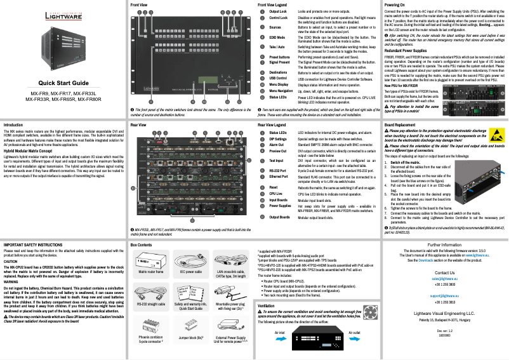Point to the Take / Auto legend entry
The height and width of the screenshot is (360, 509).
[279, 48]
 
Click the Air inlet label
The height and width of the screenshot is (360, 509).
[279, 332]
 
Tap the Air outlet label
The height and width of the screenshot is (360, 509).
[354, 332]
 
